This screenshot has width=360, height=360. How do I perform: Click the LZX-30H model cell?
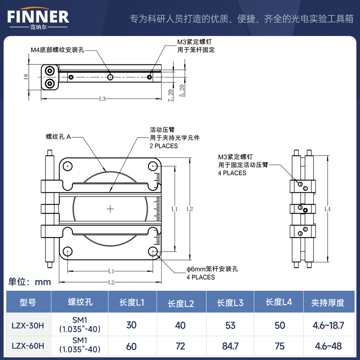pyautogui.click(x=28, y=325)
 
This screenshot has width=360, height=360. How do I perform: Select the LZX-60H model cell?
pyautogui.click(x=28, y=347)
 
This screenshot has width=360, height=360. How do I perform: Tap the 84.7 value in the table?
pyautogui.click(x=229, y=347)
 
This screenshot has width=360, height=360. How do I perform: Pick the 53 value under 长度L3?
pyautogui.click(x=229, y=325)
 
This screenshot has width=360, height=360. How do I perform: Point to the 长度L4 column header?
pyautogui.click(x=279, y=302)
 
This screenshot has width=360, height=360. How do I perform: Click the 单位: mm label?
pyautogui.click(x=30, y=282)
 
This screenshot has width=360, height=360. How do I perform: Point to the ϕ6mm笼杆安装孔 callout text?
pyautogui.click(x=212, y=269)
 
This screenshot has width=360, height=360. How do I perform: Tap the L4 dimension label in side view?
pyautogui.click(x=327, y=208)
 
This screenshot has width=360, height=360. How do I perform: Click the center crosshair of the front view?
pyautogui.click(x=110, y=209)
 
